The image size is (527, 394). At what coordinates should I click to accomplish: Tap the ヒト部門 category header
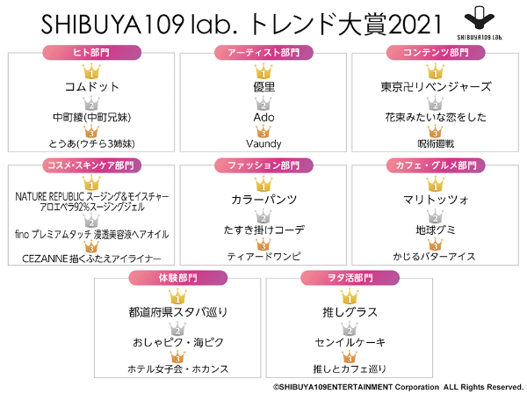coord(91,53)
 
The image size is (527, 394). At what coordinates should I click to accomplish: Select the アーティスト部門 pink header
coord(263,53)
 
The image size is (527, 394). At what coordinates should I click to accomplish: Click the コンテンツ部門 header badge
coord(436,53)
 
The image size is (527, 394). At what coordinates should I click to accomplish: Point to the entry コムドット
coord(91,87)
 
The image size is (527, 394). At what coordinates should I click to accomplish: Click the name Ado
coord(263,117)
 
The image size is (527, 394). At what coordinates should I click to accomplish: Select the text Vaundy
coord(263,144)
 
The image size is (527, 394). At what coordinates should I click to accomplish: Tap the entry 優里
coord(264,87)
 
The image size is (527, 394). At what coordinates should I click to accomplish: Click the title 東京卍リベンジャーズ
coord(436,87)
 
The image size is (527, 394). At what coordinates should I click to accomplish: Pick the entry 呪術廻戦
coord(436,144)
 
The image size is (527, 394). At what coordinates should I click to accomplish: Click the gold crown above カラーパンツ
coord(263,184)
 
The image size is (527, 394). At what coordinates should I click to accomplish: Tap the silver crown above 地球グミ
coord(436,216)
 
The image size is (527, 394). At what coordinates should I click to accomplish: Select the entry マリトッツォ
coord(436,200)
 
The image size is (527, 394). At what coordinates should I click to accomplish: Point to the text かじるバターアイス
coord(435,257)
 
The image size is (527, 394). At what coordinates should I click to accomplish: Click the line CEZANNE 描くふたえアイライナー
coord(91,258)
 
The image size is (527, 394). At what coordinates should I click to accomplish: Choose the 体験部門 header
coord(178,278)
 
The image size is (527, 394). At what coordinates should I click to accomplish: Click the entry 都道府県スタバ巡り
coord(178,312)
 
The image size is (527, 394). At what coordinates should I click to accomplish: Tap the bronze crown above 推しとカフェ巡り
coord(350,357)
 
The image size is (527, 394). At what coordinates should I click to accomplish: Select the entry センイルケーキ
coord(350,342)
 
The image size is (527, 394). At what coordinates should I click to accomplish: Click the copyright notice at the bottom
coord(398,387)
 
